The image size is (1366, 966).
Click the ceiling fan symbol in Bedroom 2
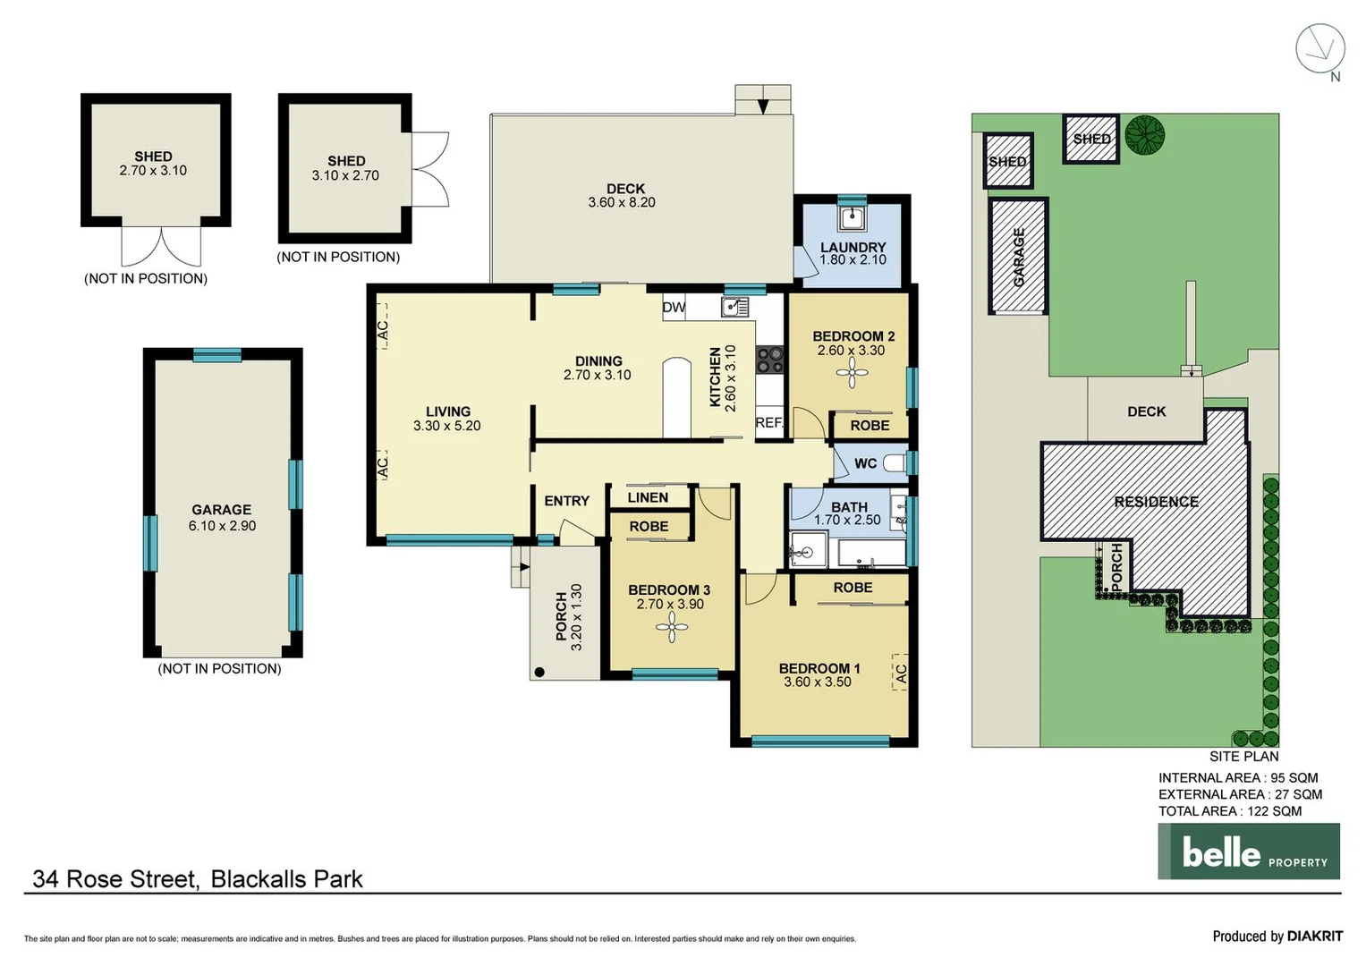[851, 373]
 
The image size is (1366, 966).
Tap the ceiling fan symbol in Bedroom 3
[671, 628]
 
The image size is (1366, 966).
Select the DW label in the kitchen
[674, 308]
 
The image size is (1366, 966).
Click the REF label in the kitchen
[768, 422]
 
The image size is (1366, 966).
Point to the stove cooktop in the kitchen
[769, 360]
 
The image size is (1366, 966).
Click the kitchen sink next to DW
[735, 308]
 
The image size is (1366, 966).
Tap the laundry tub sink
[852, 217]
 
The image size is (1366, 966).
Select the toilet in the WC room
[894, 463]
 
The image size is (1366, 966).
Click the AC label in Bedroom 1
[901, 674]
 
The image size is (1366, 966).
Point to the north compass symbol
[1320, 49]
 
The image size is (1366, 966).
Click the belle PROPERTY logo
[1249, 852]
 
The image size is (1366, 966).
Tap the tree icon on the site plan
[1144, 135]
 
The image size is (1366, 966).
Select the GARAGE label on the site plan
[1018, 258]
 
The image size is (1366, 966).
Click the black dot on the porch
[539, 672]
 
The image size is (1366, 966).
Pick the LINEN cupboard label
[648, 497]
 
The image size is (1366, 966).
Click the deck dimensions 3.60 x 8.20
[622, 203]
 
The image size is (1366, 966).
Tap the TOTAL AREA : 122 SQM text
[1230, 811]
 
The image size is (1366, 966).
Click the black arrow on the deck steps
[763, 106]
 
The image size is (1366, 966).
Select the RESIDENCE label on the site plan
[1156, 502]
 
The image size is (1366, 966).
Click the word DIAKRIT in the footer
[1314, 936]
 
